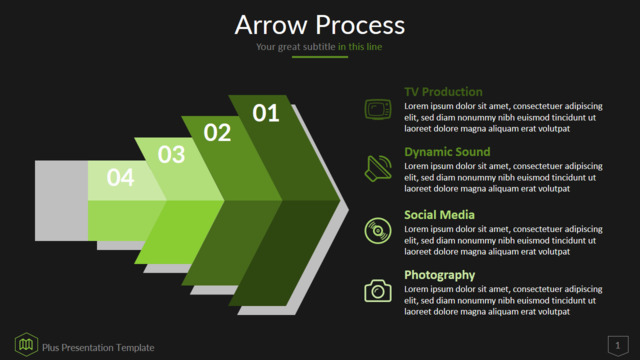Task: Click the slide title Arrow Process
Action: click(320, 25)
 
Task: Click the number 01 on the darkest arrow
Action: click(266, 113)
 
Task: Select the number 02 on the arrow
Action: click(217, 133)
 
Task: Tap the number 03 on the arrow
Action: click(171, 155)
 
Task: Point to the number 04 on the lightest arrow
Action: click(120, 178)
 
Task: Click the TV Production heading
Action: click(443, 92)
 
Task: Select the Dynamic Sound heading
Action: click(447, 152)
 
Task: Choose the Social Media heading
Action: click(439, 215)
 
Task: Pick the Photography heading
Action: click(440, 275)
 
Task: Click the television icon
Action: click(378, 109)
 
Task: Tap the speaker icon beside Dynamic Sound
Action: click(378, 168)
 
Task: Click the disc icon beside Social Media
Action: click(378, 231)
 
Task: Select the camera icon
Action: click(378, 291)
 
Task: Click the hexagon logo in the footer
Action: click(26, 344)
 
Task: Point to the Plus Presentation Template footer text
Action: click(98, 348)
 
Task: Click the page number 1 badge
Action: click(618, 346)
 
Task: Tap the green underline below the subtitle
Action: click(320, 57)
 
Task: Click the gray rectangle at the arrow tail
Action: click(61, 200)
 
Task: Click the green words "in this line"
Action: click(360, 47)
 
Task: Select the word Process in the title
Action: click(360, 25)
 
